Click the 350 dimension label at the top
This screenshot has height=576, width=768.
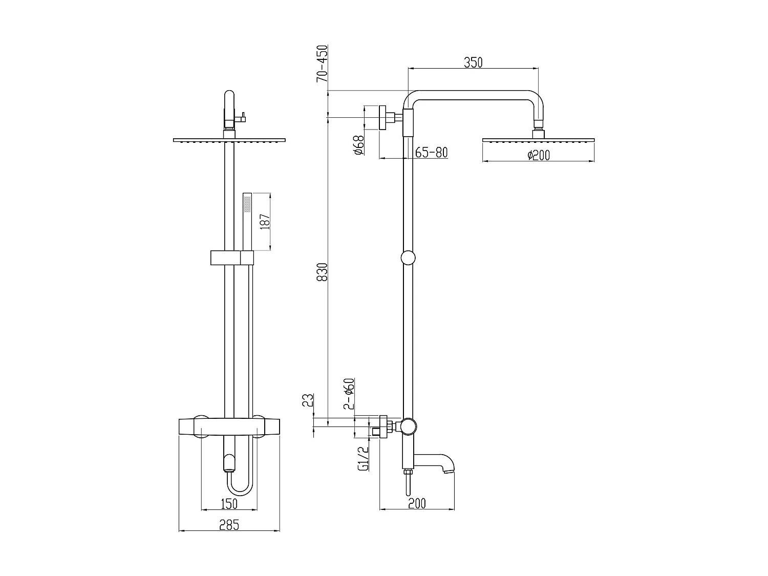point(473,62)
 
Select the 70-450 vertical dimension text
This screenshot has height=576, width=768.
point(322,64)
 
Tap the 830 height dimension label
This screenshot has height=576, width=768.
point(322,272)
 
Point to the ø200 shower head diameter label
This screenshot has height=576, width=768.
point(539,155)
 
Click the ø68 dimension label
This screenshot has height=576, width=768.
point(358,144)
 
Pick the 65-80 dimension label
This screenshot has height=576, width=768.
point(431,152)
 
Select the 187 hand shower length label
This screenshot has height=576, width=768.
point(265,221)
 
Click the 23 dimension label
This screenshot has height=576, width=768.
point(308,400)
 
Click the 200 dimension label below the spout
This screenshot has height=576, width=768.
point(417,503)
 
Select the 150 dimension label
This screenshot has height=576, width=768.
point(229,504)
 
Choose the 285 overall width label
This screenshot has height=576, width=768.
point(229,525)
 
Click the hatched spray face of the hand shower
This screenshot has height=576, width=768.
point(248,204)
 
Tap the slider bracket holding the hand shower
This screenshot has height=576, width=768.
point(232,258)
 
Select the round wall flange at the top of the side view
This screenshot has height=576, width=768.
point(382,118)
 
